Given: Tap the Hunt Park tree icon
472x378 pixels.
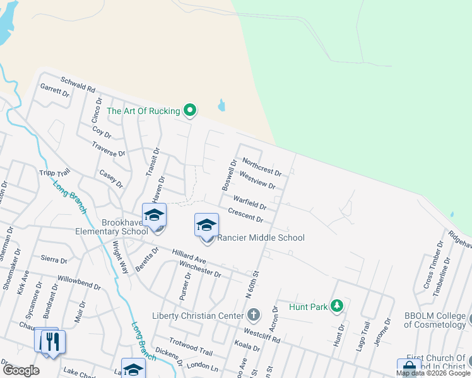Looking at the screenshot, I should (x=338, y=307).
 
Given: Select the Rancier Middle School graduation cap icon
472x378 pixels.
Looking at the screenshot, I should (x=206, y=225).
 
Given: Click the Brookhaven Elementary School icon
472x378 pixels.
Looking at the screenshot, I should (x=154, y=215).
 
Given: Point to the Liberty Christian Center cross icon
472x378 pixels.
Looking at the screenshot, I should (x=253, y=314).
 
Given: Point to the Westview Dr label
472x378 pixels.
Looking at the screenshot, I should (x=257, y=181).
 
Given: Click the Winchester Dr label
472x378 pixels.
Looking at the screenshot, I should (x=200, y=270).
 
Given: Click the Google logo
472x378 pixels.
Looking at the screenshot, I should (x=21, y=370).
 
